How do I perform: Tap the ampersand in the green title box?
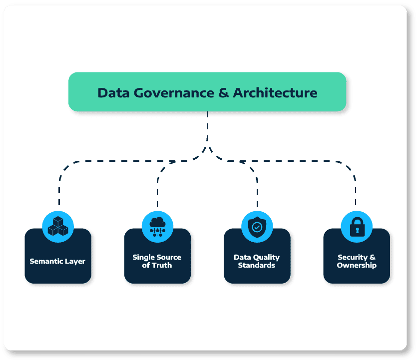click(x=223, y=93)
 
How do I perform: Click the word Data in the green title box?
click(x=111, y=93)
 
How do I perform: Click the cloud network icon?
click(x=157, y=226)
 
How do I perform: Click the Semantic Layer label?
click(x=57, y=261)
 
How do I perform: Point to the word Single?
click(x=143, y=257)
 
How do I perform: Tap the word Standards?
click(x=257, y=265)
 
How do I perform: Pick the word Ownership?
click(x=356, y=265)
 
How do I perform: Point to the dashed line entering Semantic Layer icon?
click(x=59, y=192)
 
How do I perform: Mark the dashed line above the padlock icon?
click(x=356, y=192)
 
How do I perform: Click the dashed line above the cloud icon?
click(x=157, y=192)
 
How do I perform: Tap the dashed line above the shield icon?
click(x=257, y=192)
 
